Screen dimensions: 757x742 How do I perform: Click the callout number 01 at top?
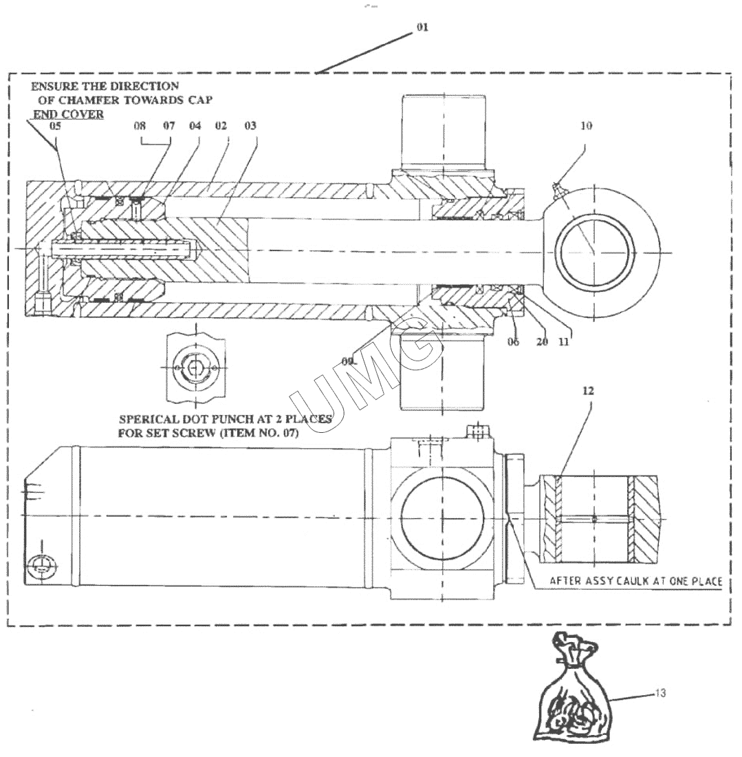pyautogui.click(x=422, y=28)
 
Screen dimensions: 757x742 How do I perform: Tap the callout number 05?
pyautogui.click(x=55, y=126)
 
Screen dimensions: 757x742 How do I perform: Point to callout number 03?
pyautogui.click(x=250, y=126)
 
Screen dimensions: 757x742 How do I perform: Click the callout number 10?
pyautogui.click(x=586, y=126)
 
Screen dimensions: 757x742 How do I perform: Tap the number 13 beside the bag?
pyautogui.click(x=659, y=693)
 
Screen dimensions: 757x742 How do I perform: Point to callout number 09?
pyautogui.click(x=347, y=360)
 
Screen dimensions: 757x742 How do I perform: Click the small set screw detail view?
pyautogui.click(x=196, y=368)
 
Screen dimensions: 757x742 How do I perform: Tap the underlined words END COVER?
pyautogui.click(x=69, y=114)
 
